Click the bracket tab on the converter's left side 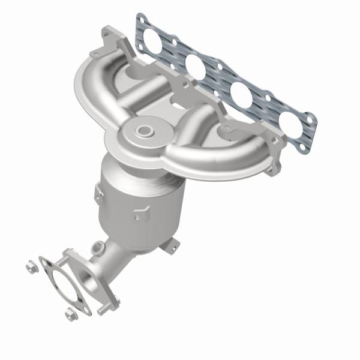[x=96, y=193]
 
